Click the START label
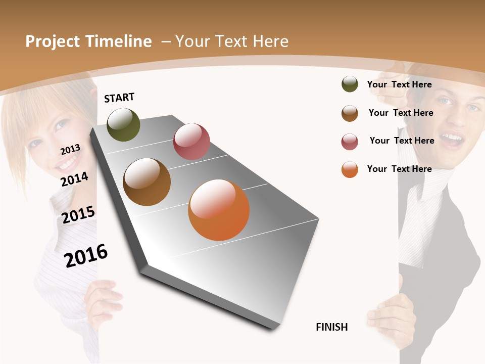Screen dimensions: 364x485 tap(119, 97)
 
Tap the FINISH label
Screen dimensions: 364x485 tap(331, 327)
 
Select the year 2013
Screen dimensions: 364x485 tap(70, 150)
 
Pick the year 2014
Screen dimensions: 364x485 tap(74, 179)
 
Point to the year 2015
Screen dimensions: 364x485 tap(78, 215)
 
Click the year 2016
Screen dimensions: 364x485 tap(86, 256)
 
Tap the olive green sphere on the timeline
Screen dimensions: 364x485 tap(123, 124)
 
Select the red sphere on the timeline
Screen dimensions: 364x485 tap(191, 142)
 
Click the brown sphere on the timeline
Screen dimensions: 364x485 tap(147, 181)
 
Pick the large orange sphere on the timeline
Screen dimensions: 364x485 tap(219, 210)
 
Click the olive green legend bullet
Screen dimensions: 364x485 tap(350, 84)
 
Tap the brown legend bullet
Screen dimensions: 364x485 tap(350, 113)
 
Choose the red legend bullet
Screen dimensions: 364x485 tap(350, 142)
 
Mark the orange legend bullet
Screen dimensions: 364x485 tap(350, 169)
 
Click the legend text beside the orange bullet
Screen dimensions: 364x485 tap(399, 169)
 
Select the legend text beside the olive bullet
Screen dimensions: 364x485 tap(399, 84)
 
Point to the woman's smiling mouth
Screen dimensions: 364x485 tap(68, 163)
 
